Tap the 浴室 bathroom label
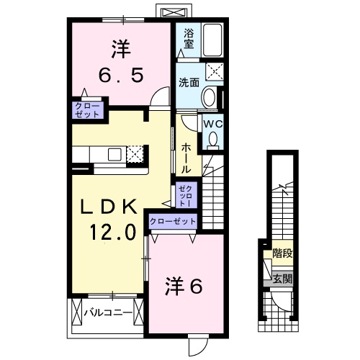[x=189, y=37]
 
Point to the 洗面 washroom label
[x=189, y=82]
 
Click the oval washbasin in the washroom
[x=208, y=97]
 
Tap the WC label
[x=212, y=124]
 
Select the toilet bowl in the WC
[x=212, y=140]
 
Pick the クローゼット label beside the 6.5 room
[x=86, y=109]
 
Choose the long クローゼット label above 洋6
[x=174, y=221]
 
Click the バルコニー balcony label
[x=107, y=313]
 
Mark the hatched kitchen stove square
[x=135, y=153]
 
